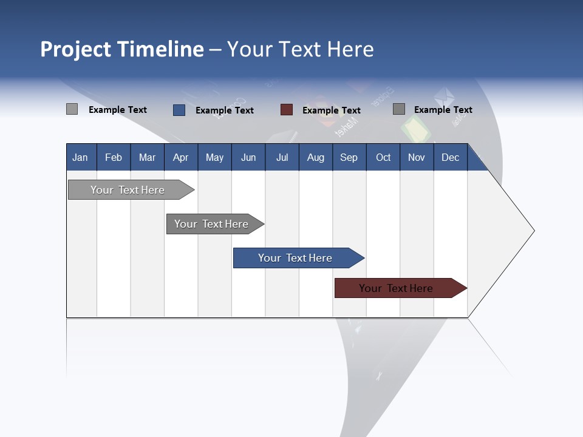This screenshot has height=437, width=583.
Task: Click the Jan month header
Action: (80, 157)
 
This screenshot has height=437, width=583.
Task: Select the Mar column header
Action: (147, 157)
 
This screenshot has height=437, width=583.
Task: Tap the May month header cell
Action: (214, 157)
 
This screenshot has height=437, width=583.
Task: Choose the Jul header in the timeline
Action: (282, 157)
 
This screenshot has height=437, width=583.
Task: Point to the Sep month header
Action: (349, 157)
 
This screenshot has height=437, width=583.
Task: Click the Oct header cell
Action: (383, 157)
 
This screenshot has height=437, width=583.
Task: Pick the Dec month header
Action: (450, 157)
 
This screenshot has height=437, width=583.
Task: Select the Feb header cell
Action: (114, 157)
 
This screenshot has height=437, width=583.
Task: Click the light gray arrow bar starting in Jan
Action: (128, 190)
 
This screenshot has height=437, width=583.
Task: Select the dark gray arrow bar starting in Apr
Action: (211, 224)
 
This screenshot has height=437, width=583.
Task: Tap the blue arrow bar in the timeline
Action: (295, 258)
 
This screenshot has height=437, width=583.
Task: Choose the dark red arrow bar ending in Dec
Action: (396, 288)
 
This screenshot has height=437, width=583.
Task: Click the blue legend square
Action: (179, 110)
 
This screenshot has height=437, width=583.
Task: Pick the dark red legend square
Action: (287, 110)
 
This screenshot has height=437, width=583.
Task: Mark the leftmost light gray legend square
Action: (72, 109)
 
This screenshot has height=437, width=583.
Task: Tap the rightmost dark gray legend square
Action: (399, 109)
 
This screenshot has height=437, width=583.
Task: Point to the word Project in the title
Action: (76, 49)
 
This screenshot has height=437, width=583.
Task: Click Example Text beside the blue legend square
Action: (225, 110)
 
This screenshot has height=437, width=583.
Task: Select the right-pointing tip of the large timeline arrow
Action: (533, 231)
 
